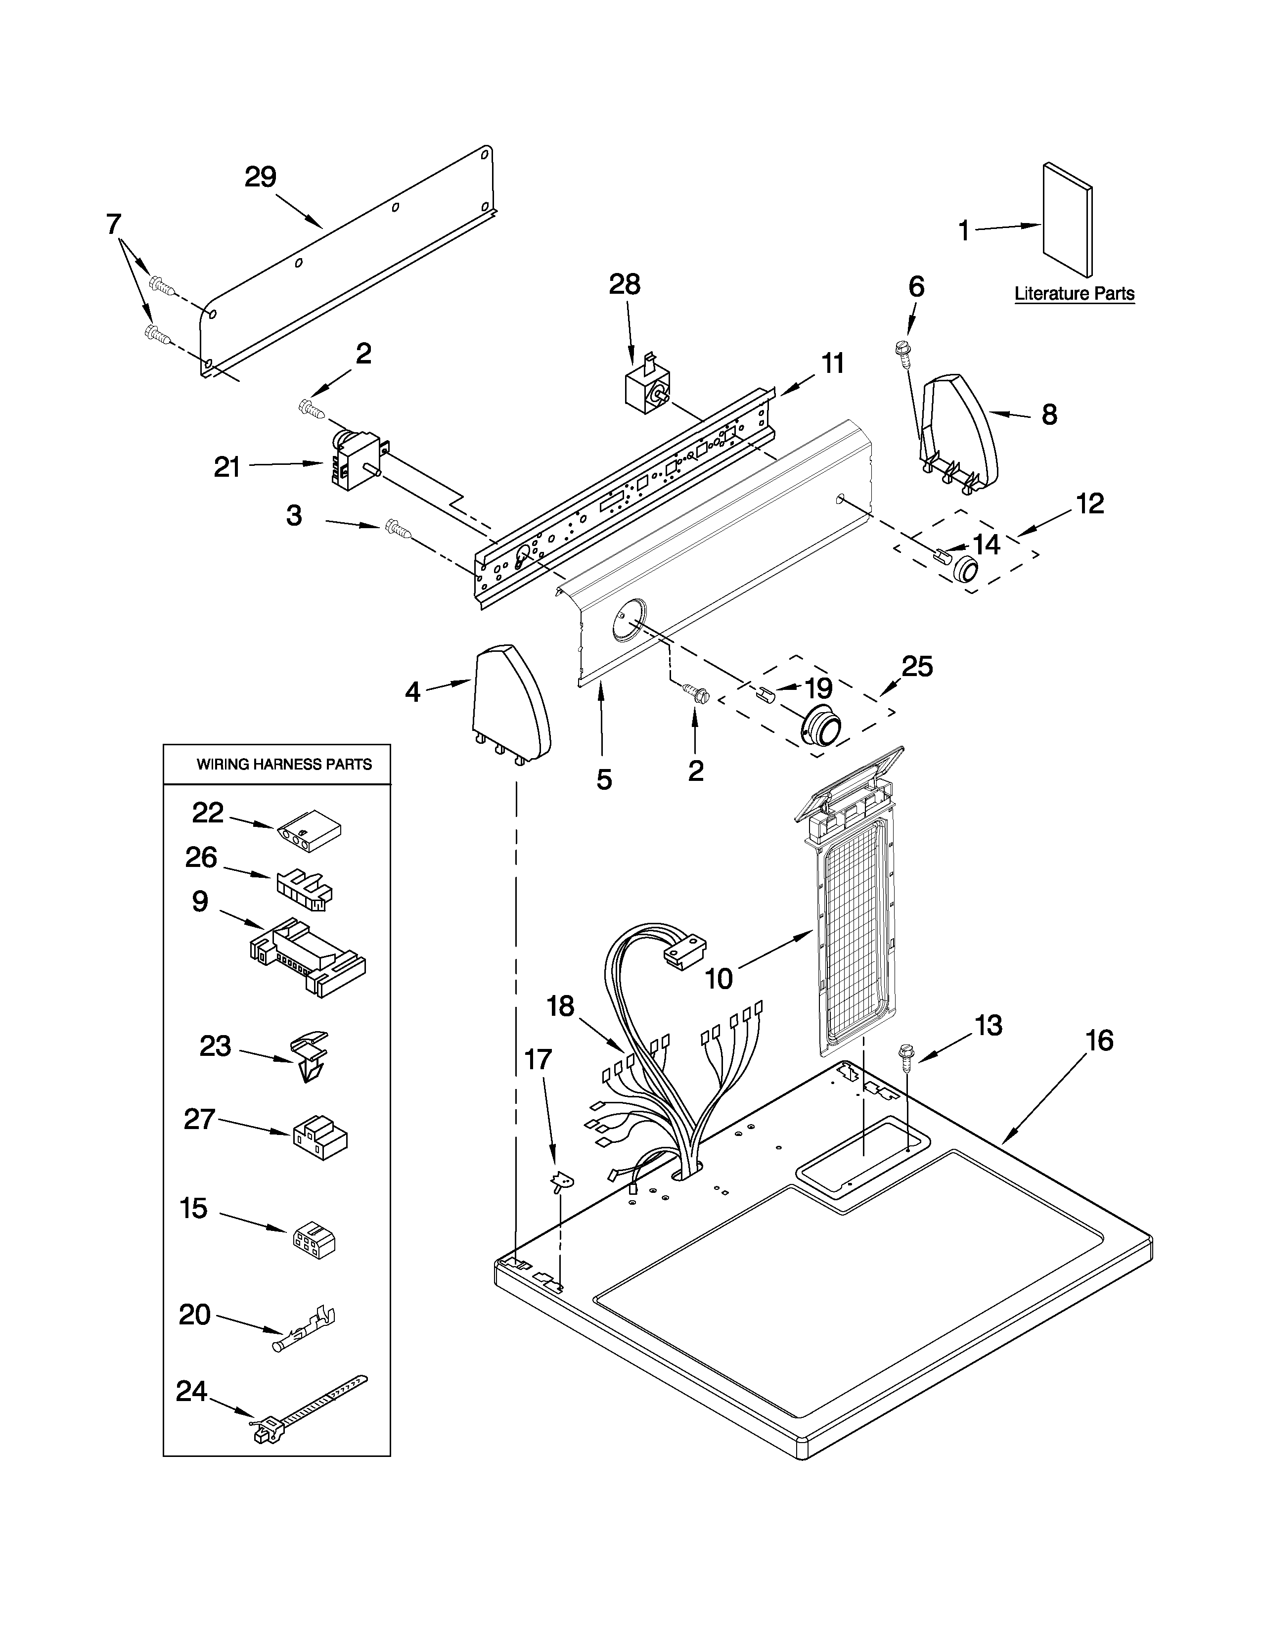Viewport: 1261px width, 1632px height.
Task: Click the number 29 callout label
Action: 261,177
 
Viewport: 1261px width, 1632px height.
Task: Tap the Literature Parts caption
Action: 1074,294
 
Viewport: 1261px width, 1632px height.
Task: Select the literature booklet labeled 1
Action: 1067,221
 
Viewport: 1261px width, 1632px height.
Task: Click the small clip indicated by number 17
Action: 559,1180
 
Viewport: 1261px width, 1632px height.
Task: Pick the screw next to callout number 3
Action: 398,530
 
